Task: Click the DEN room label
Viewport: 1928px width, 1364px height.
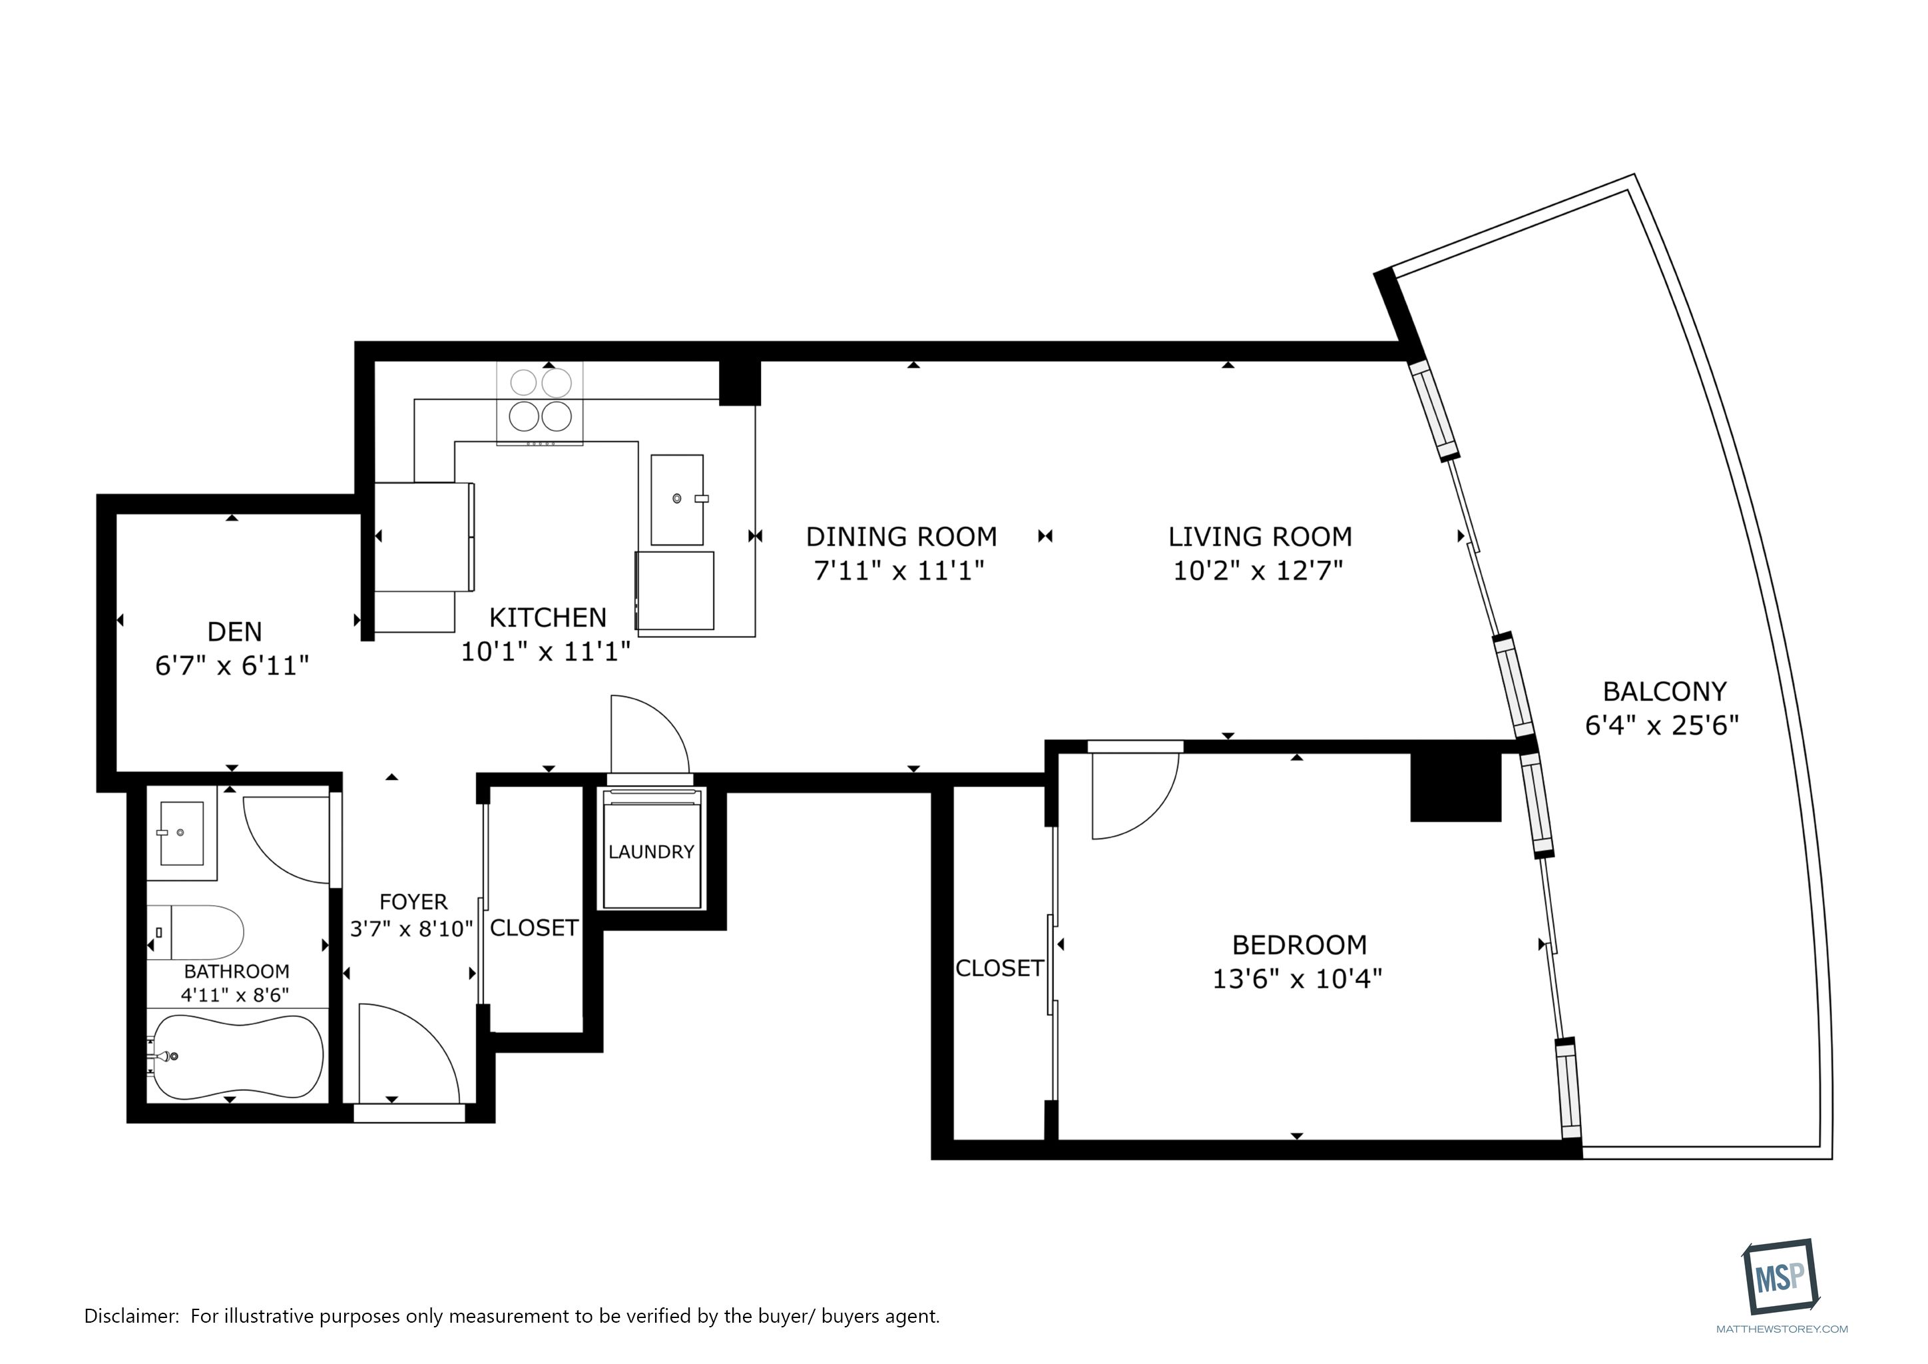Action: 234,631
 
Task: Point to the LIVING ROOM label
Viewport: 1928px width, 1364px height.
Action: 1260,537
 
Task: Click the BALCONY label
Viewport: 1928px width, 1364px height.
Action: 1664,691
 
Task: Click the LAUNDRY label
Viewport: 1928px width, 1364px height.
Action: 651,852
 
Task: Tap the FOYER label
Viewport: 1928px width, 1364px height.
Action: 413,902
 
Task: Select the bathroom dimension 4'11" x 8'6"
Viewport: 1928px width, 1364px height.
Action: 235,995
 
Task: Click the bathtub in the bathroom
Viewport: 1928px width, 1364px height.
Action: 236,1058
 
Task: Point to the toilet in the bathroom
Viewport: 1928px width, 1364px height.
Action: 196,932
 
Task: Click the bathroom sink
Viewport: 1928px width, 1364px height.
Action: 181,833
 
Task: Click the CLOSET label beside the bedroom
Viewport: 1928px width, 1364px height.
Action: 999,968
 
